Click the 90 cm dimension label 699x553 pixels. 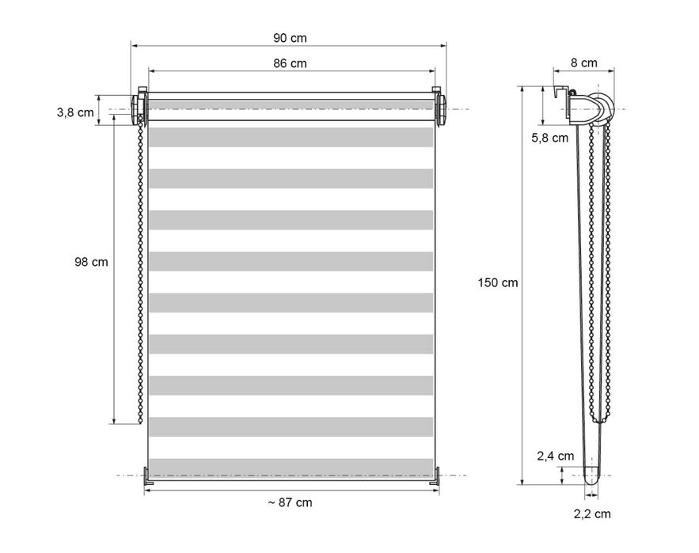[290, 38]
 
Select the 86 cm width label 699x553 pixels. [290, 64]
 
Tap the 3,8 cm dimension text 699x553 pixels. [75, 113]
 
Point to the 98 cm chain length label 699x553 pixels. [91, 262]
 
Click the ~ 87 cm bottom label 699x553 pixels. [290, 502]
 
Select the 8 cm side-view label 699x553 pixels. [584, 63]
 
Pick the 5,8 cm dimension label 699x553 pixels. [549, 138]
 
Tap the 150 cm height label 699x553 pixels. [497, 282]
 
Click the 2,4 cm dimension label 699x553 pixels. [555, 456]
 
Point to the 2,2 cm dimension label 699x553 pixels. [592, 514]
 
